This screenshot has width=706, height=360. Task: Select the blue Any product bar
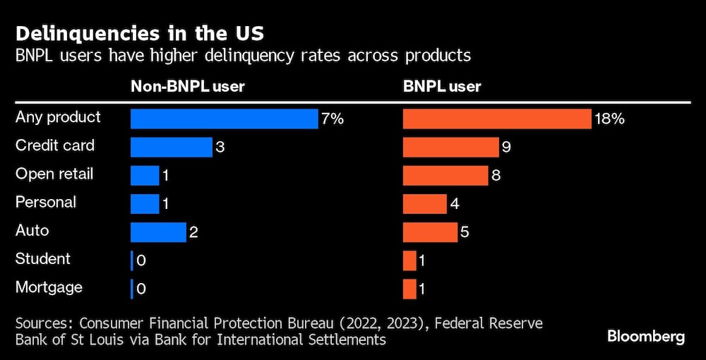click(225, 119)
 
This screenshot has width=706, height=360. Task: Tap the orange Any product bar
click(496, 119)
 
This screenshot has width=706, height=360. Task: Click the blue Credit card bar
click(172, 147)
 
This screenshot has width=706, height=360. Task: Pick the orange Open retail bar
click(445, 175)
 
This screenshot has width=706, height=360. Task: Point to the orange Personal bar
click(425, 203)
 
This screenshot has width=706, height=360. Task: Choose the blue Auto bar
click(158, 232)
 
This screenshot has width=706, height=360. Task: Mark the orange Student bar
click(409, 260)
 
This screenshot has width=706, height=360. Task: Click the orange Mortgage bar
click(409, 288)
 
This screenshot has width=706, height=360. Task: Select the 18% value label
click(609, 119)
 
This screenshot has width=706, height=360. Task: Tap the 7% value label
click(333, 119)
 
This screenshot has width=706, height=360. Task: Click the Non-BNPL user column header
click(187, 87)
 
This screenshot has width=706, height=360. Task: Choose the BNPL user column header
click(442, 87)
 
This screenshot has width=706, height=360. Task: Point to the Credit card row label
click(55, 146)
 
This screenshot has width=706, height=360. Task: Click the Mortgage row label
click(49, 287)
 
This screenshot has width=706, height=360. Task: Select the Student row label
click(43, 259)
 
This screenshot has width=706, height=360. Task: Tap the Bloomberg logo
click(646, 337)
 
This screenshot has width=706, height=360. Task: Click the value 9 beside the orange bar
click(506, 148)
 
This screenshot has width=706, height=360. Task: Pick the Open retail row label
click(54, 174)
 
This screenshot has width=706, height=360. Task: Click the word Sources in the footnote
click(44, 323)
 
